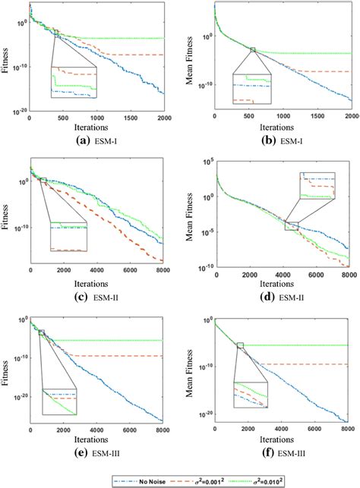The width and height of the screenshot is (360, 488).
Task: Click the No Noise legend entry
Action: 140,480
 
